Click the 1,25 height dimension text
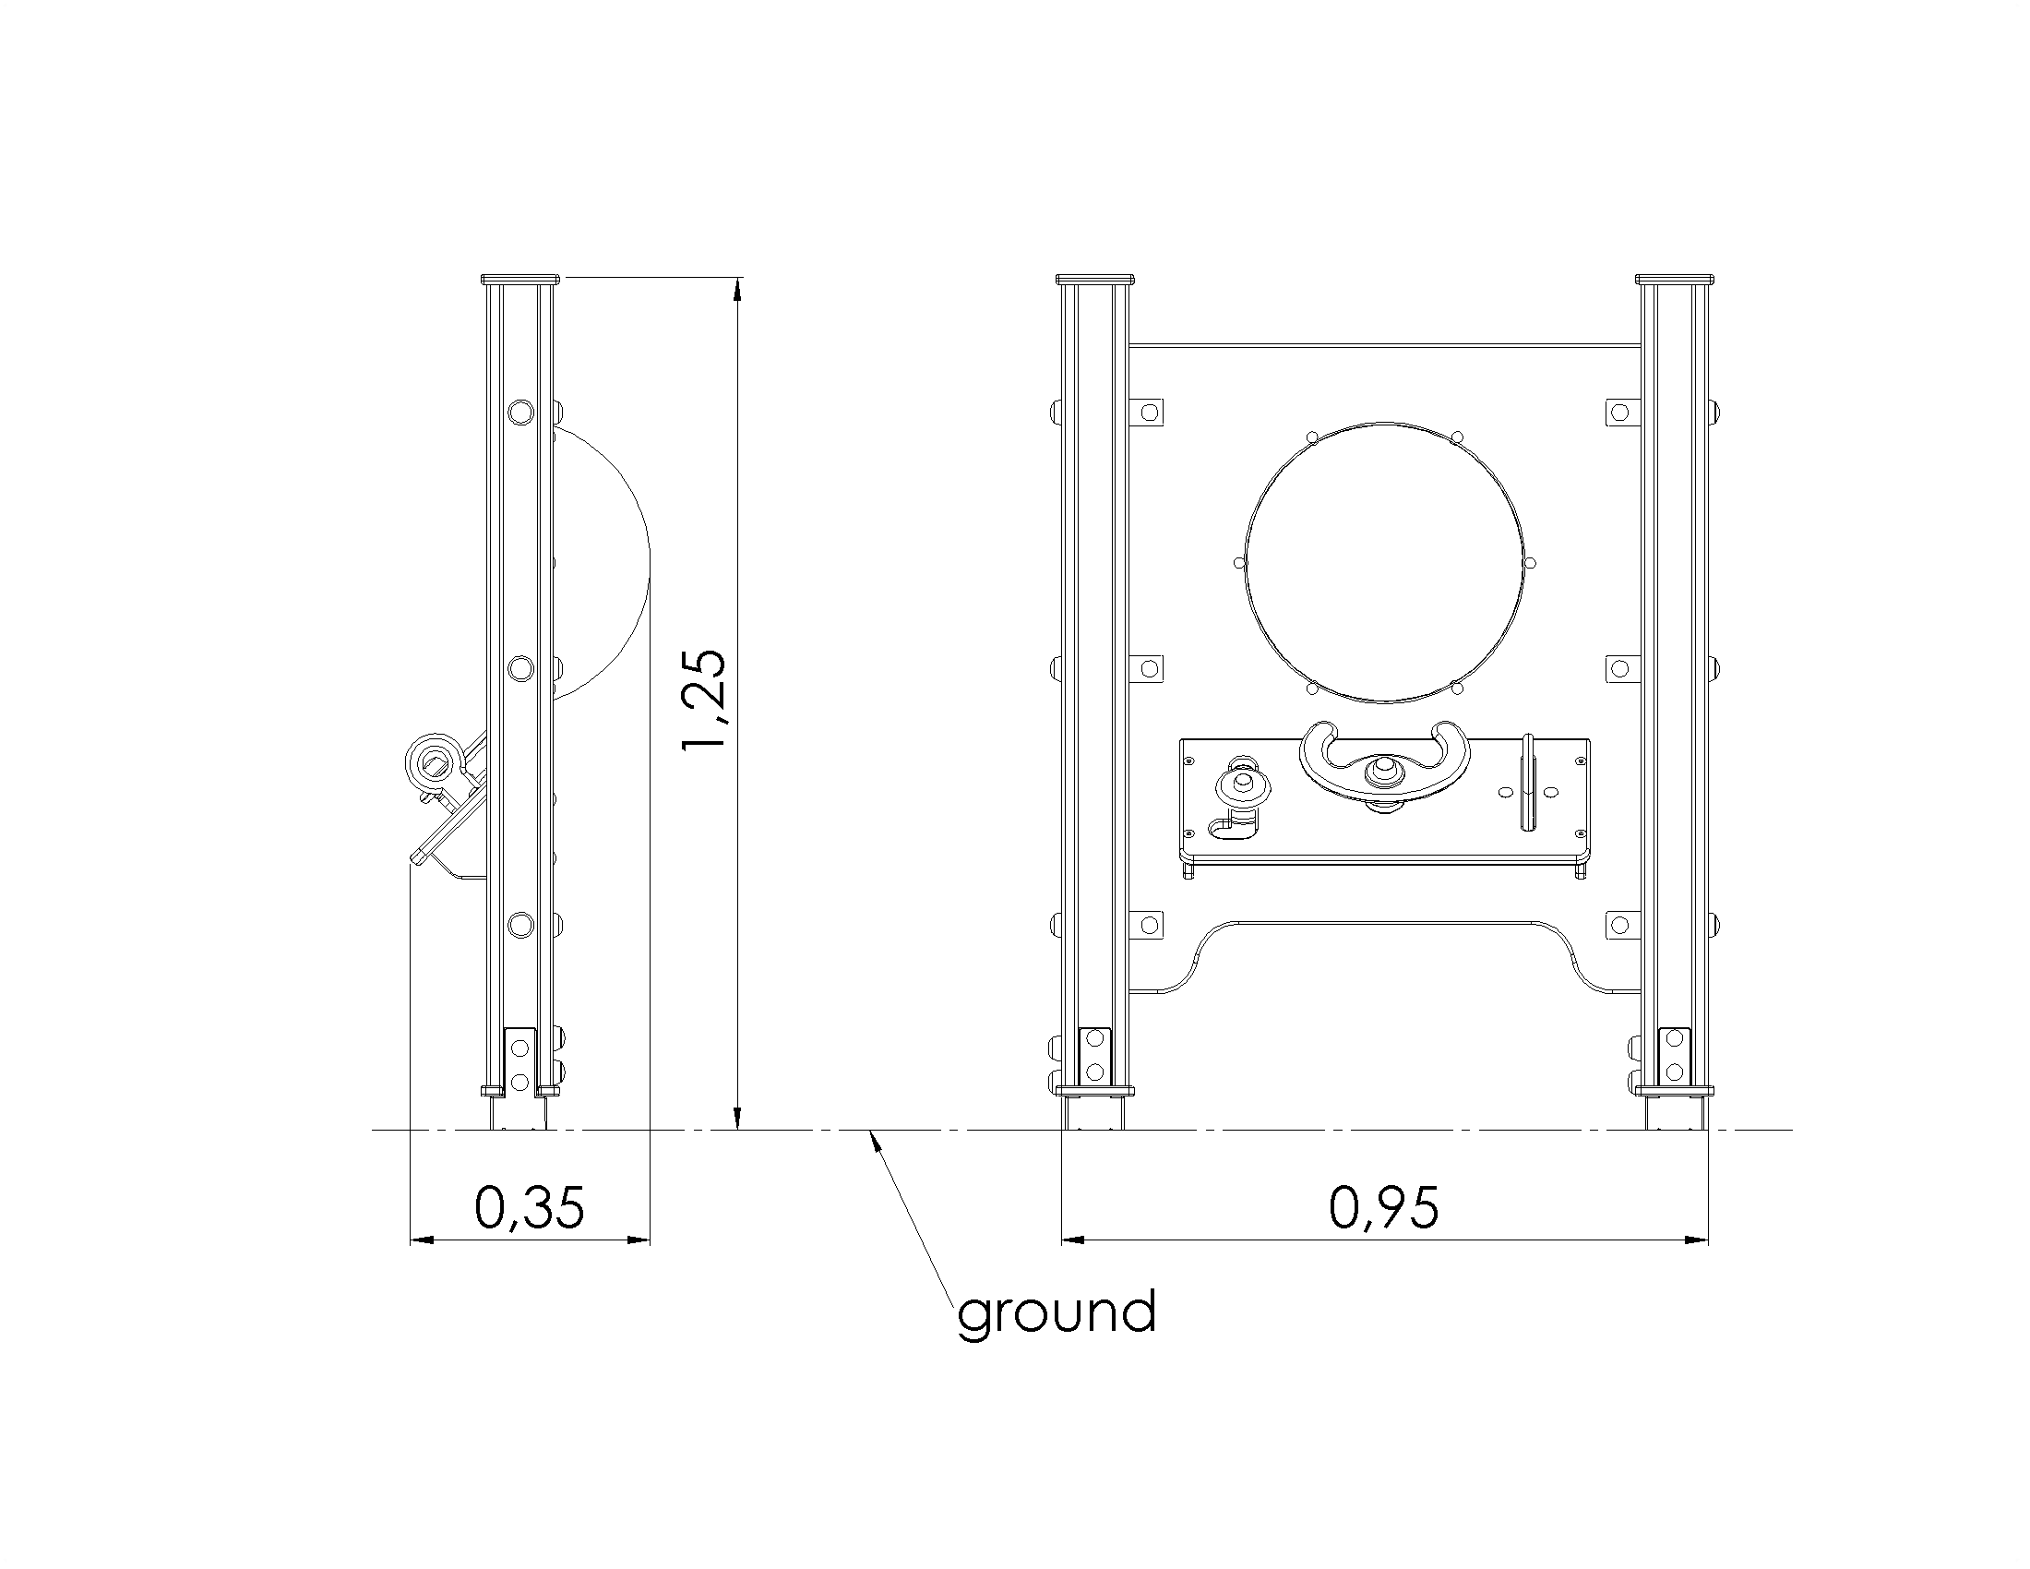[704, 701]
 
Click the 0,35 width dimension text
[530, 1207]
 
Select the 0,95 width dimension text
[1384, 1207]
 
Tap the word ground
[1057, 1313]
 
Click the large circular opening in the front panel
[1246, 562]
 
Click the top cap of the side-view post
[520, 279]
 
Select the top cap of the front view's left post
[1096, 279]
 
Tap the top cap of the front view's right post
[1675, 279]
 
